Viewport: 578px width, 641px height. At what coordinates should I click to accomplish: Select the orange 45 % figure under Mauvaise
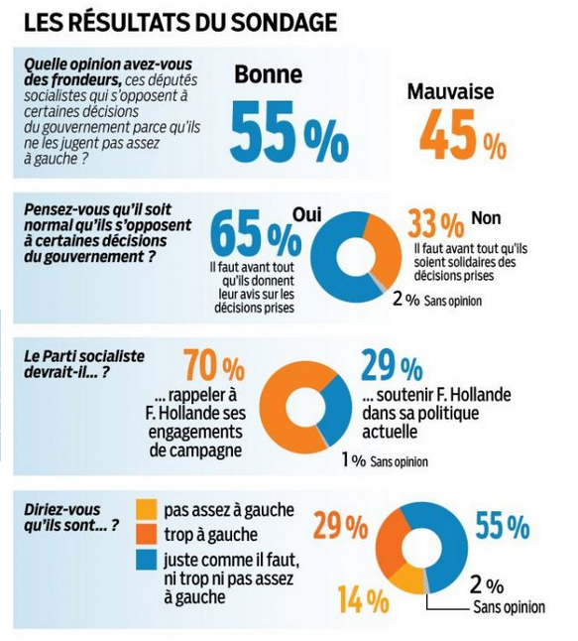click(463, 135)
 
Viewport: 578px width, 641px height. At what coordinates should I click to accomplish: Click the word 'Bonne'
click(269, 75)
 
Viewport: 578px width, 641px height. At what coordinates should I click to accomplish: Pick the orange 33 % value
click(435, 224)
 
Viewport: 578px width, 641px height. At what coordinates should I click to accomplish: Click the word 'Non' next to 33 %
click(486, 218)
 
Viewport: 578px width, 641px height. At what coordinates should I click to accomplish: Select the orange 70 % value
click(213, 368)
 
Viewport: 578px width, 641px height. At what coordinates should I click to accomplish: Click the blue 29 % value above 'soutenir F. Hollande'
click(390, 366)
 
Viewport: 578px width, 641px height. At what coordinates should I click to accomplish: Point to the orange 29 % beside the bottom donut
click(340, 526)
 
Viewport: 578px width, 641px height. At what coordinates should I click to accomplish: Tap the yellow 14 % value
click(363, 599)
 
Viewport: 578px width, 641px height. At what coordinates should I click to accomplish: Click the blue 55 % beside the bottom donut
click(502, 526)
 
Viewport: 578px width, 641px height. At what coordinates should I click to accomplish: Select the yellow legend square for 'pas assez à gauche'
click(145, 511)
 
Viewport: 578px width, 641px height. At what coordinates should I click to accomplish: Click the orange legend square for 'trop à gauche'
click(145, 536)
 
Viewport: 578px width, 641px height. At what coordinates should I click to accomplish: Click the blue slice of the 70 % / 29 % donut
click(338, 407)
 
